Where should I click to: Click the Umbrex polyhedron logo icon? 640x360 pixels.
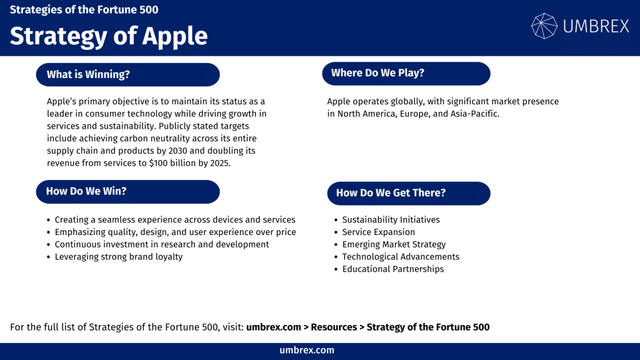pos(544,26)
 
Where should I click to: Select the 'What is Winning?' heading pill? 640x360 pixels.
pos(127,74)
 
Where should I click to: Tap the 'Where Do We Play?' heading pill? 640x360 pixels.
pos(406,73)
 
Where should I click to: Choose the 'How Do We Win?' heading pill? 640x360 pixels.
pos(127,191)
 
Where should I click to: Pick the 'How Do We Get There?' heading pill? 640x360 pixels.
pos(409,193)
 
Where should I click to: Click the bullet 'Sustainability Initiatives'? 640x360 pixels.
pos(391,220)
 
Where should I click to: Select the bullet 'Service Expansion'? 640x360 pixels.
pos(378,232)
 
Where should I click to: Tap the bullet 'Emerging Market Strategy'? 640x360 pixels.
pos(394,244)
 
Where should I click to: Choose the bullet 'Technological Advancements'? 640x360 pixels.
pos(401,257)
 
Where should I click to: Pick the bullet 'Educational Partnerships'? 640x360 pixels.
pos(392,269)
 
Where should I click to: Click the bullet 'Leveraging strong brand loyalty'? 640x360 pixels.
pos(119,257)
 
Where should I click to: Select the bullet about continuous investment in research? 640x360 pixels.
pos(162,244)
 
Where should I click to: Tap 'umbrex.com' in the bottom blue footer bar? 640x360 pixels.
pos(307,351)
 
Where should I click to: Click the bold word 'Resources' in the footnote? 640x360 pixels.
pos(334,327)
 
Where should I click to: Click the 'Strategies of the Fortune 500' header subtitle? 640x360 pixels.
pos(84,10)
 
